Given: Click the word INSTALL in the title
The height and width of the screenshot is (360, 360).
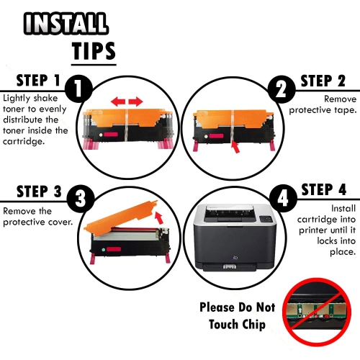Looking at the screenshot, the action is click(x=66, y=23).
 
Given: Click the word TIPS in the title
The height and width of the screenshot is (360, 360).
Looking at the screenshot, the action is click(x=94, y=51).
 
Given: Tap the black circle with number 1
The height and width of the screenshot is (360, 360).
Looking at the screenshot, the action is click(x=78, y=89).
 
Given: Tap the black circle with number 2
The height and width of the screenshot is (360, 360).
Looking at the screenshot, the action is click(x=282, y=89).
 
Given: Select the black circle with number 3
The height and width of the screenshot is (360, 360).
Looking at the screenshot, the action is click(x=80, y=199).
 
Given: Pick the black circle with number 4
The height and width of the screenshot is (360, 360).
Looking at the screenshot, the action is click(x=283, y=199).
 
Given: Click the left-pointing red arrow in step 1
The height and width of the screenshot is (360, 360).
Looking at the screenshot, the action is click(x=118, y=102).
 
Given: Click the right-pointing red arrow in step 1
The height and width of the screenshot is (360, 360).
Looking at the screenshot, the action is click(x=135, y=102).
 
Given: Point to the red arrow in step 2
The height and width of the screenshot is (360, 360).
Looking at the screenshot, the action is click(x=235, y=148).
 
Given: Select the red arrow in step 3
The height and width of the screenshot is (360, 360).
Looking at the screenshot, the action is click(x=158, y=217).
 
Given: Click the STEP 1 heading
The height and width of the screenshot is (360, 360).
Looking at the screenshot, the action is click(x=38, y=80).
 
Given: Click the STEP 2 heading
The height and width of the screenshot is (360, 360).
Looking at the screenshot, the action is click(x=323, y=81).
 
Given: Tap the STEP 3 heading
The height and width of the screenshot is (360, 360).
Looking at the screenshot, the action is click(x=39, y=192).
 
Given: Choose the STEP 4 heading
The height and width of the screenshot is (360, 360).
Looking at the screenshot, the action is click(x=324, y=189).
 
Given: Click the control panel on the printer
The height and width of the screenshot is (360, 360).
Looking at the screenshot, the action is click(x=266, y=219).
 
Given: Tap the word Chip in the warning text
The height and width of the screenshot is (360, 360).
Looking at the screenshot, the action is click(x=253, y=325).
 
